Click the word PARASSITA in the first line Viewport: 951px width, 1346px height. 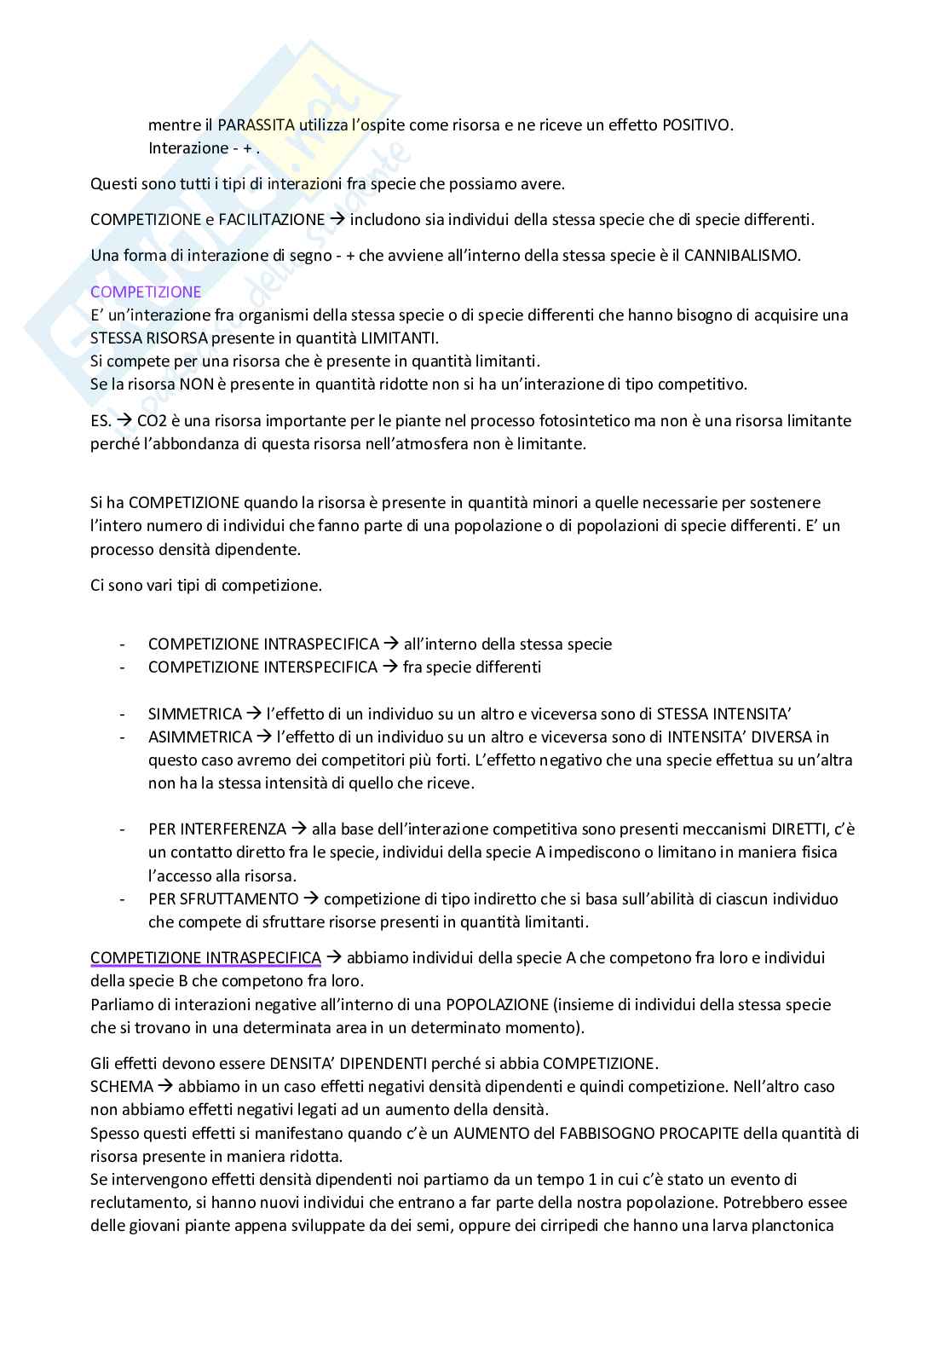pyautogui.click(x=256, y=125)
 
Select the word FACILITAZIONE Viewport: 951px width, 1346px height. pyautogui.click(x=271, y=220)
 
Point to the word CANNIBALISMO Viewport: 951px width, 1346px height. pyautogui.click(x=742, y=256)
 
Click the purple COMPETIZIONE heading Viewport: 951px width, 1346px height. pyautogui.click(x=146, y=292)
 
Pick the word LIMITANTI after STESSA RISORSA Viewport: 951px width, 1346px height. pyautogui.click(x=401, y=338)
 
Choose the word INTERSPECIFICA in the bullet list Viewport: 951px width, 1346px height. pyautogui.click(x=320, y=667)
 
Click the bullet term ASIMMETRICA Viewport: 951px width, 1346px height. pyautogui.click(x=199, y=737)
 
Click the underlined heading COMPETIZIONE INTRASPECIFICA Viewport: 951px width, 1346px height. pyautogui.click(x=205, y=958)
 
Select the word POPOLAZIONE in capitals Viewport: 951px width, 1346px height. pyautogui.click(x=495, y=1005)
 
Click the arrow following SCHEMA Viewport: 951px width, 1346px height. pyautogui.click(x=165, y=1087)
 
